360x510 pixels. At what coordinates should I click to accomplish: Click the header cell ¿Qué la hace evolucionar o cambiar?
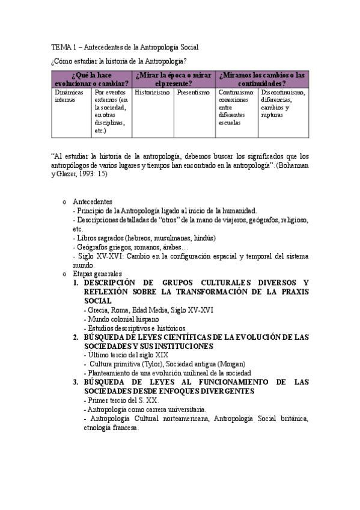(91, 79)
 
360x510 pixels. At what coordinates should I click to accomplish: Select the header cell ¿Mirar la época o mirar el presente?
(173, 79)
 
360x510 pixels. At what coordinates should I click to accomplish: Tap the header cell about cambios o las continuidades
(261, 79)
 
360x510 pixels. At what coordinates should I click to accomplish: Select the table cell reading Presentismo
(192, 93)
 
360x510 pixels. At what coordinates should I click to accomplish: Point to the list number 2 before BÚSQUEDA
(76, 337)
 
